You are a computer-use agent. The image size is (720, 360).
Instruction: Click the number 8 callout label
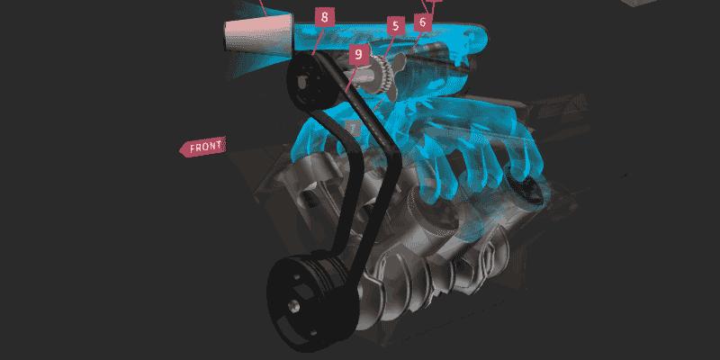[x=325, y=17]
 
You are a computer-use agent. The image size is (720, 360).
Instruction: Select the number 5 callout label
[x=395, y=26]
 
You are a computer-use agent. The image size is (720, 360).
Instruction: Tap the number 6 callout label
[x=423, y=22]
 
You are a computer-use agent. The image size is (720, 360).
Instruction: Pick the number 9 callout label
[x=358, y=55]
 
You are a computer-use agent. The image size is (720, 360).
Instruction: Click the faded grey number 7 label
[x=353, y=128]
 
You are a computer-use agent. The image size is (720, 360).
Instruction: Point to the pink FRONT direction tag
[x=202, y=147]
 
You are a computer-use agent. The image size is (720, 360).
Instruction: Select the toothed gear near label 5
[x=382, y=75]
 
